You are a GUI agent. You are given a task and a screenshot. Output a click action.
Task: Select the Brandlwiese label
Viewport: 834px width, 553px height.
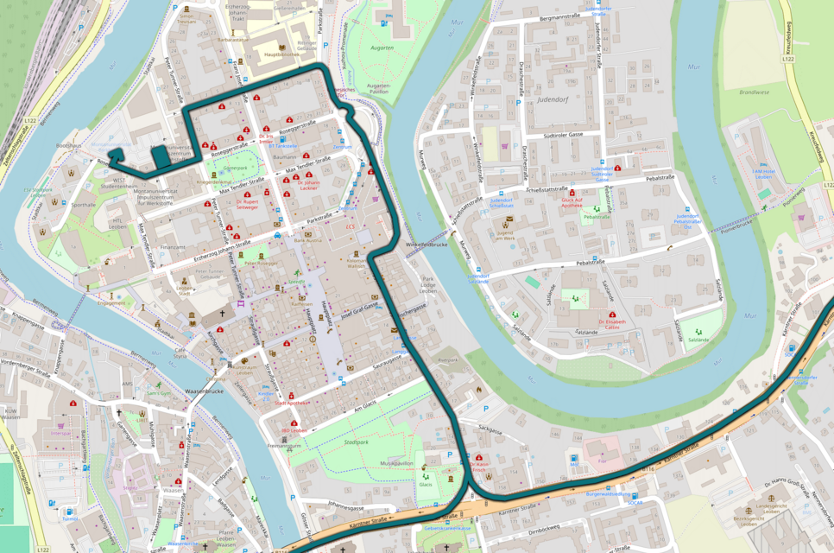pyautogui.click(x=754, y=91)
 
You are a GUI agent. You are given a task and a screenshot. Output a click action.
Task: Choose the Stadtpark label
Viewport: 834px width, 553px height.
pyautogui.click(x=355, y=441)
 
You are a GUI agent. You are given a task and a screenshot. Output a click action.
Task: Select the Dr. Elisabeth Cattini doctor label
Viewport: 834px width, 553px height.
pyautogui.click(x=611, y=324)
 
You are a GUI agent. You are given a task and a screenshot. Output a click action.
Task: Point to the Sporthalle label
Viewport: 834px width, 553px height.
pyautogui.click(x=85, y=205)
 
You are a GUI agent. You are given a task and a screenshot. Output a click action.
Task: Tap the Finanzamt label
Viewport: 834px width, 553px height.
pyautogui.click(x=173, y=247)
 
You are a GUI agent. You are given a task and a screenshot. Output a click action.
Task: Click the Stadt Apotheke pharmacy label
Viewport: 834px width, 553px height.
pyautogui.click(x=292, y=403)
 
